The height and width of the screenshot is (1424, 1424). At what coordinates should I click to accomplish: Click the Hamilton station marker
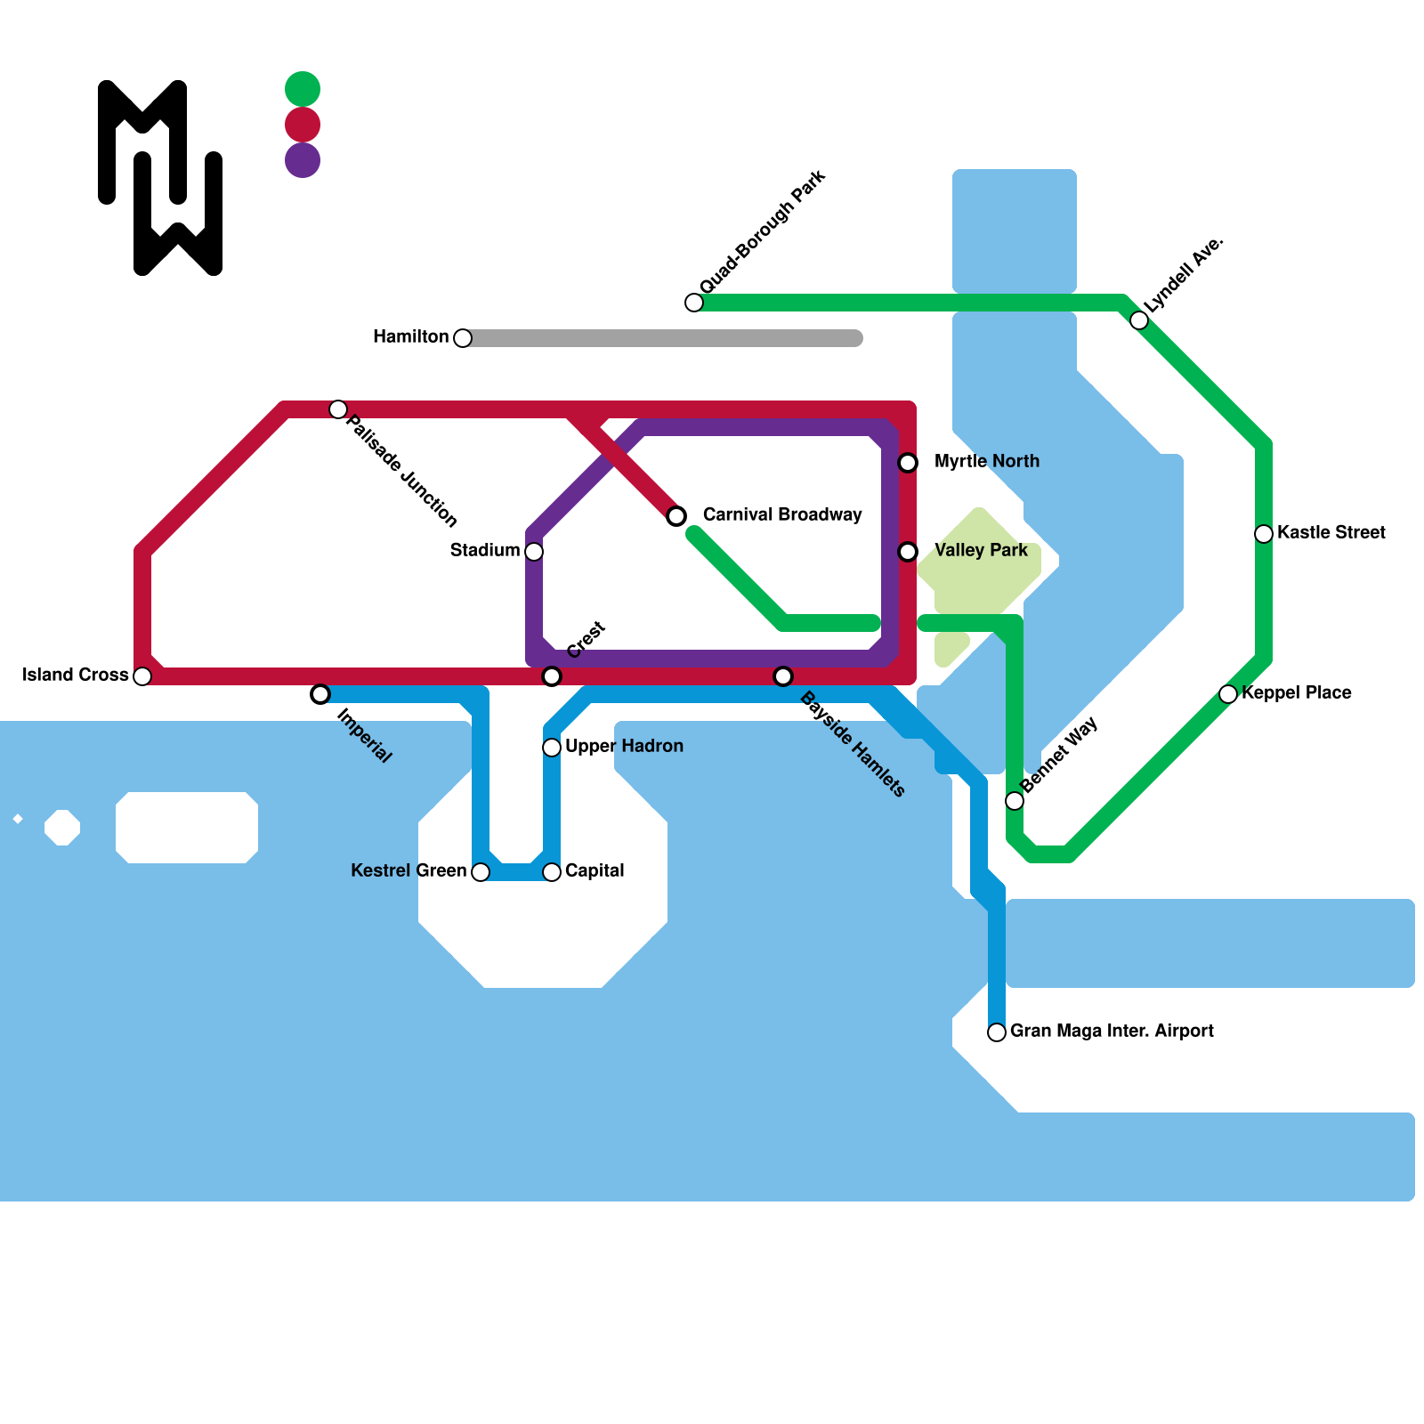pos(463,338)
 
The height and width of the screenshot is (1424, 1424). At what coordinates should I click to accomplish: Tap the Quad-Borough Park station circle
pos(694,303)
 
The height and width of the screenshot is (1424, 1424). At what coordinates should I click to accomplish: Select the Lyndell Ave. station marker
pos(1139,320)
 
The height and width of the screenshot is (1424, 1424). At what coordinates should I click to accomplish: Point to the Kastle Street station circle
pos(1264,534)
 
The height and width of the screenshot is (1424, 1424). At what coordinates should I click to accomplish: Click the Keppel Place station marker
pos(1228,694)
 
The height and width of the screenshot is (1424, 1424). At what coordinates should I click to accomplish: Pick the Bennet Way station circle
pos(1015,801)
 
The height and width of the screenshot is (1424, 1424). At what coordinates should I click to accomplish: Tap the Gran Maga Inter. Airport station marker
pos(997,1032)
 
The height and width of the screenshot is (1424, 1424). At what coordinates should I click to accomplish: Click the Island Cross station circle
pos(142,676)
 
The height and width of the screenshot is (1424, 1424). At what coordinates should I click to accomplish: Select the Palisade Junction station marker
pos(338,409)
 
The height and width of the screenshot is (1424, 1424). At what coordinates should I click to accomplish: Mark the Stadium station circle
pos(534,552)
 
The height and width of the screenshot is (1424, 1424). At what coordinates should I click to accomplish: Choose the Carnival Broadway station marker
pos(676,516)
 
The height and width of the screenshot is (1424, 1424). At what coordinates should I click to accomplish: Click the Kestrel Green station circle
pos(481,872)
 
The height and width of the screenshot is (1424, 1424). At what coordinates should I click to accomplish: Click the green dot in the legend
pos(303,89)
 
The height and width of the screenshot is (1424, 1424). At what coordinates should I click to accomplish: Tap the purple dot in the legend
pos(303,160)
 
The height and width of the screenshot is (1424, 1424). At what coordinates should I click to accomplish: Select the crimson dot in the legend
pos(303,125)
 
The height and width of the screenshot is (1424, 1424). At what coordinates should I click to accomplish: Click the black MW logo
pos(160,178)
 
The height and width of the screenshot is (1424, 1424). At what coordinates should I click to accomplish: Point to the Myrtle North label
pos(986,461)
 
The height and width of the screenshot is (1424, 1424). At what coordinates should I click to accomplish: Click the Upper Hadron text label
pos(624,746)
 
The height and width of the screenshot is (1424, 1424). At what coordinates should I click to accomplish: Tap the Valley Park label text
pos(981,550)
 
